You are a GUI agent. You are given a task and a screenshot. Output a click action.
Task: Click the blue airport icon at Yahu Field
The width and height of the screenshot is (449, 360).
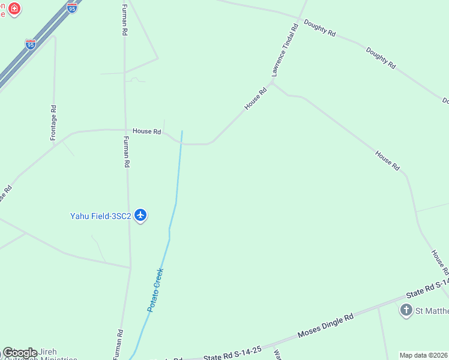[140, 215]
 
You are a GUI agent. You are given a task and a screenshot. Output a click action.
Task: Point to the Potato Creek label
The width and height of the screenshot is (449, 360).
[155, 290]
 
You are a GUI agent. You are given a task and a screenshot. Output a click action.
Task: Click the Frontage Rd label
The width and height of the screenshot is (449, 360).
[53, 123]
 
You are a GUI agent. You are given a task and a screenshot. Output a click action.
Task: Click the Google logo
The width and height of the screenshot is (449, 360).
[20, 353]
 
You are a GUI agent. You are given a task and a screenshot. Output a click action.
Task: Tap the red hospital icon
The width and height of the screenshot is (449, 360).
[14, 9]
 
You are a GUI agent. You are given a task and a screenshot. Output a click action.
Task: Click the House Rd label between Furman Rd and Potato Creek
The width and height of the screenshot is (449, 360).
[147, 131]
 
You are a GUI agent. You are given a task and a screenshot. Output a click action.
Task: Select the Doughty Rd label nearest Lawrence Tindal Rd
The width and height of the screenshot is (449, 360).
[319, 28]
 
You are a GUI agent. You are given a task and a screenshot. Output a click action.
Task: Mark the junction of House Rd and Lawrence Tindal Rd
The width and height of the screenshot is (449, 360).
[272, 83]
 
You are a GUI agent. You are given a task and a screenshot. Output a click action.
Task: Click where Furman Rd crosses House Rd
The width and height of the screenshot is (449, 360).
[125, 130]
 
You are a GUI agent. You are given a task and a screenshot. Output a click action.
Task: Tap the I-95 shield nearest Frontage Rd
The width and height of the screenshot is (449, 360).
[30, 44]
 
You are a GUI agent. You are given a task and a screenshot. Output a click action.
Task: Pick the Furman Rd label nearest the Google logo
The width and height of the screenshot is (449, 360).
[119, 341]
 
